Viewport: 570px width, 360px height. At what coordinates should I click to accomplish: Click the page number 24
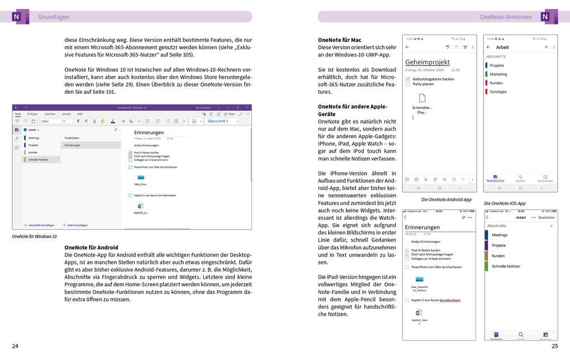click(x=15, y=346)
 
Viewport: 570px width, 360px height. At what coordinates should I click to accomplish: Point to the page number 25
click(x=554, y=346)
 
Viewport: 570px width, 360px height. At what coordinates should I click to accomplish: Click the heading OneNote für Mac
click(x=339, y=40)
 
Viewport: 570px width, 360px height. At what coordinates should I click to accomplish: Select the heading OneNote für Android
click(x=91, y=247)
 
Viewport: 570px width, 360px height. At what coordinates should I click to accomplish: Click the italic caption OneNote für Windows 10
click(x=34, y=236)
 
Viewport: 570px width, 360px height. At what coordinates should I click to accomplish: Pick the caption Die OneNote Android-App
click(x=446, y=200)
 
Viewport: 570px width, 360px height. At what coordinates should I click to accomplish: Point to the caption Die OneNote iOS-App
click(x=505, y=203)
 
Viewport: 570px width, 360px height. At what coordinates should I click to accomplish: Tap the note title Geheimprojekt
click(x=427, y=62)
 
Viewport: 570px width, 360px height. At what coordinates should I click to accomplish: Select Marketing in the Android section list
click(x=498, y=74)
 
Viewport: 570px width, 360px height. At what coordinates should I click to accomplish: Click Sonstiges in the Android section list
click(x=498, y=92)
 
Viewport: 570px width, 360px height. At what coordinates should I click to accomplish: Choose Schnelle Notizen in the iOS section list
click(x=506, y=266)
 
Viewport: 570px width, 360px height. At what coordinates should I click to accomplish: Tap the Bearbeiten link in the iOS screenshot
click(x=546, y=217)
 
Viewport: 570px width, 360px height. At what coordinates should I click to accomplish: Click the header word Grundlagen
click(x=54, y=17)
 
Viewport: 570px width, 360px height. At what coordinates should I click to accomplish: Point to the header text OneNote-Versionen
click(x=506, y=17)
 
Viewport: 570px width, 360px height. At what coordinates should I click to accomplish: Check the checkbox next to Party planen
click(x=407, y=84)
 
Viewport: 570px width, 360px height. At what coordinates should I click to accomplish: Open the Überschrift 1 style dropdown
click(x=222, y=121)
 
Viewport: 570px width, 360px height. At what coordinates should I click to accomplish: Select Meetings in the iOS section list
click(x=500, y=235)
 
